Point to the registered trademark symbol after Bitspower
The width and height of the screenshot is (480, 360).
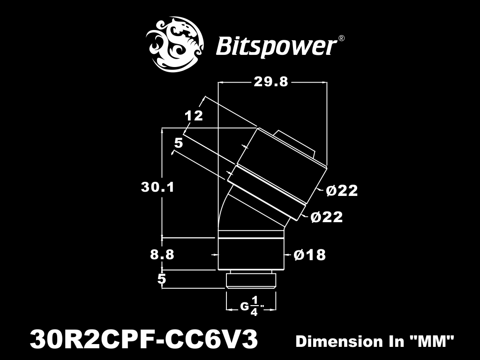tap(341, 38)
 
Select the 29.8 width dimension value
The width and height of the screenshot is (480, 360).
tap(271, 82)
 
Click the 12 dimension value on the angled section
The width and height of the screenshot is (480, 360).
tap(194, 116)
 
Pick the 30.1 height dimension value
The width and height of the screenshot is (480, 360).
tap(157, 187)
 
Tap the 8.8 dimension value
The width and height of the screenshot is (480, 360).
tap(162, 255)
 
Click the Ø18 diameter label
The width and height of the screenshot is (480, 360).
tap(309, 255)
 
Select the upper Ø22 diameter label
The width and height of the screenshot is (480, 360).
tap(342, 191)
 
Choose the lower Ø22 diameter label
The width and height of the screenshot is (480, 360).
tap(327, 217)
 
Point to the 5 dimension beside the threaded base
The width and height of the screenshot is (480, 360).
tap(162, 279)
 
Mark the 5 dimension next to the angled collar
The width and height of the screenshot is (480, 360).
tap(179, 143)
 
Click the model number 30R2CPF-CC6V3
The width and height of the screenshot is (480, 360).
tap(143, 340)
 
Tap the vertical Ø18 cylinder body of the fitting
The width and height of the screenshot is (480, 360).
tap(251, 254)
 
